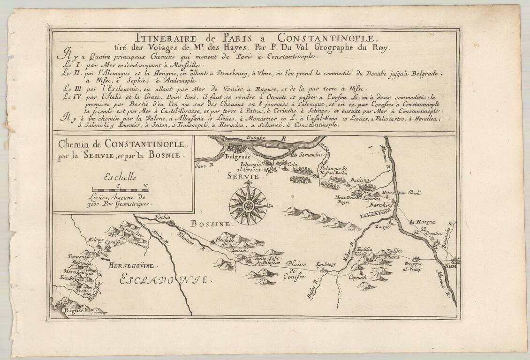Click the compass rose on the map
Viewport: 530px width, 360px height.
point(248,205)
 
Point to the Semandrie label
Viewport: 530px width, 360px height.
point(310,154)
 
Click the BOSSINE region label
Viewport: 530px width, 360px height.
point(209,224)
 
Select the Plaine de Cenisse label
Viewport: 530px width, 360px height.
point(297,270)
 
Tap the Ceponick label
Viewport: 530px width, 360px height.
point(359,277)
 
